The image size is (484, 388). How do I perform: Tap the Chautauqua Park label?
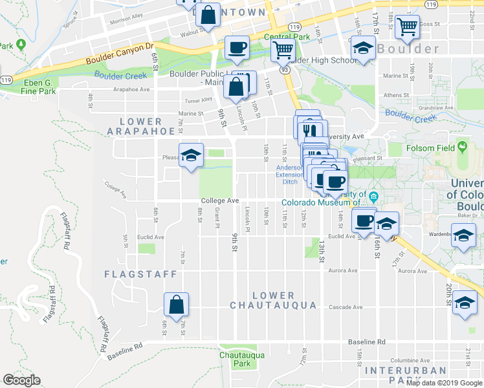234,360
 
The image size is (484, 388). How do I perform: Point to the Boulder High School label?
326,60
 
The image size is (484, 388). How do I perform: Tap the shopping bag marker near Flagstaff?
176,303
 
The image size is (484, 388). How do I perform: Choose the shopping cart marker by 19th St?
407,27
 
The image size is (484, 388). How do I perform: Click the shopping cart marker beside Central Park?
282,49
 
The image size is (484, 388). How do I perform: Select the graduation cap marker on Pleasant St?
191,155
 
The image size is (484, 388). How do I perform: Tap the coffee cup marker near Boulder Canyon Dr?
237,48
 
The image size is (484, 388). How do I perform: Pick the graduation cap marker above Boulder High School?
363,48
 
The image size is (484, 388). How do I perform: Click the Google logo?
21,380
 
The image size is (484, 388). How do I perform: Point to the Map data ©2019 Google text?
445,383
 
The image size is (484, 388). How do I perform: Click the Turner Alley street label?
199,100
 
